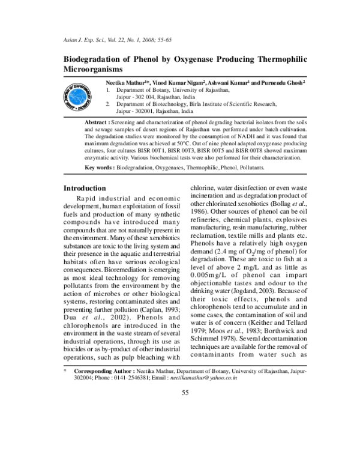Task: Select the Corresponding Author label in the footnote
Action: [103, 372]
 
